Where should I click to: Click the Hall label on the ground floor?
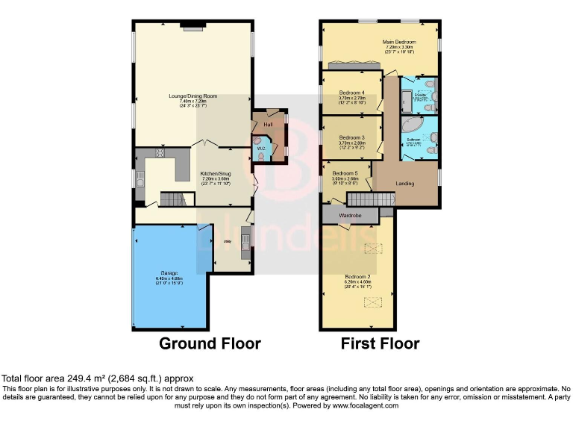267,125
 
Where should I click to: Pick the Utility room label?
227,242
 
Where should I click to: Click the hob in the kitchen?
160,155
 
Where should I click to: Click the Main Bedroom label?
398,42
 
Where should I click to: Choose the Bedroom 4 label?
351,93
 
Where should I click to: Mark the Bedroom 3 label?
351,137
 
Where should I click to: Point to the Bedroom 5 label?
345,174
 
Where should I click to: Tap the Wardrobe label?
350,215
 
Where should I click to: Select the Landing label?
405,184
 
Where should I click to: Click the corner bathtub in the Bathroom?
413,125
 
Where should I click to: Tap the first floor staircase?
371,200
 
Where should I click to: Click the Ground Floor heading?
210,343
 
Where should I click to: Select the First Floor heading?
380,343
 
